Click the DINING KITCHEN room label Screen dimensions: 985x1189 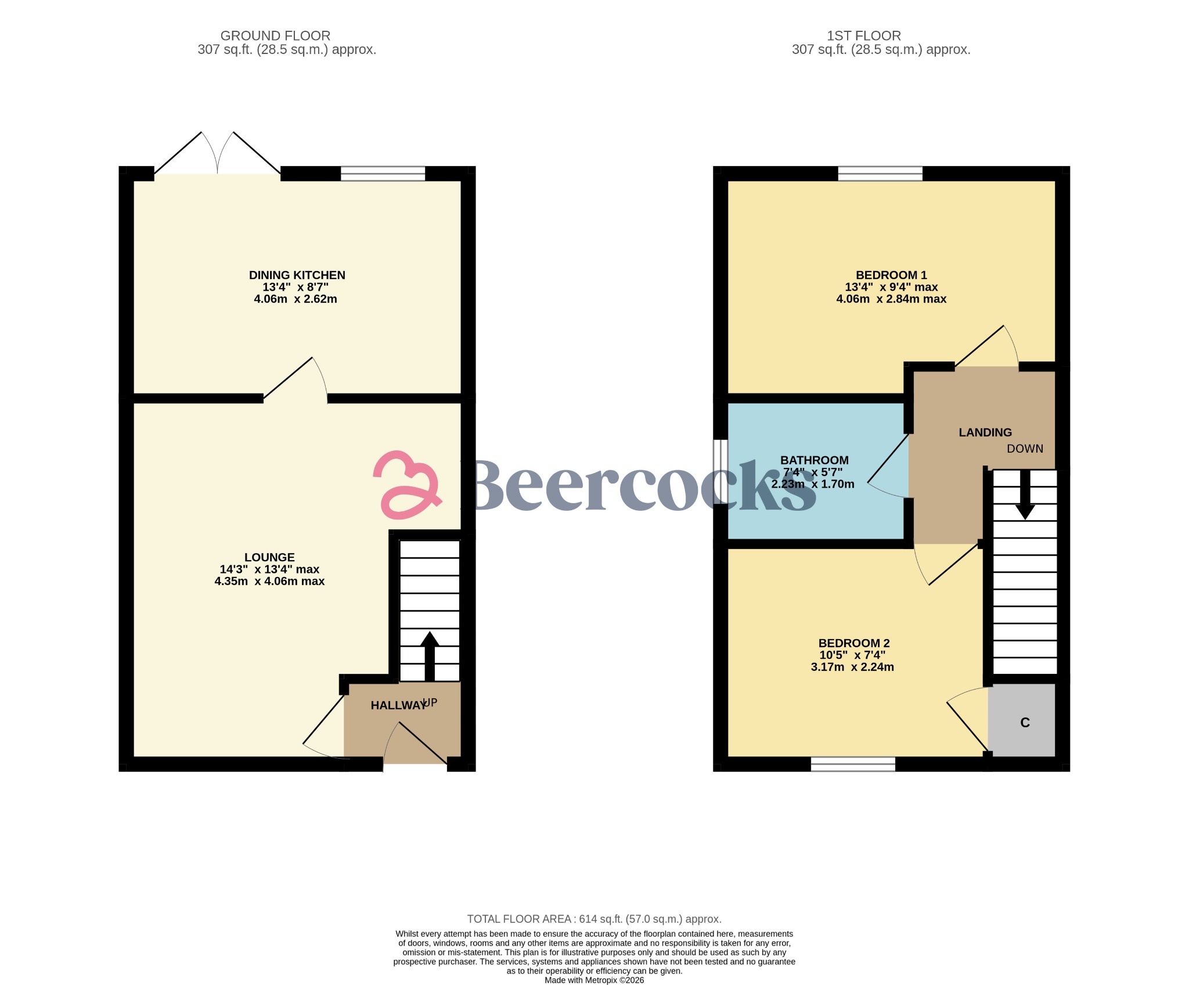297,275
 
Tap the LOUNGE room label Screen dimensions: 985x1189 269,557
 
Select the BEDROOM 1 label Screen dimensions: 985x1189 891,275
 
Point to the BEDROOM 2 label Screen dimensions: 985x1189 853,643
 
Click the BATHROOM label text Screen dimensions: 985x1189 814,460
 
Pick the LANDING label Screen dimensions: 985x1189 985,432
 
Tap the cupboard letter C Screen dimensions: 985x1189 1025,723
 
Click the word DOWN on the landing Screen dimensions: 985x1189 1025,449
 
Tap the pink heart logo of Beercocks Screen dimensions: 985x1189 406,485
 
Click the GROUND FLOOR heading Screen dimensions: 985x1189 275,36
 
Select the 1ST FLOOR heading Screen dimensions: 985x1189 863,36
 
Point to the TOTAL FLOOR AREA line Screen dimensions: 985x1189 594,919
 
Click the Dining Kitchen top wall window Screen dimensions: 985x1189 383,174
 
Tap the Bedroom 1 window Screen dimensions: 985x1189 880,174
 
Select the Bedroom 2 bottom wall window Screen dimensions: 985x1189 853,764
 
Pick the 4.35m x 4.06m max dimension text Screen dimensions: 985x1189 269,581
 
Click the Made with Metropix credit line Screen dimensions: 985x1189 594,980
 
